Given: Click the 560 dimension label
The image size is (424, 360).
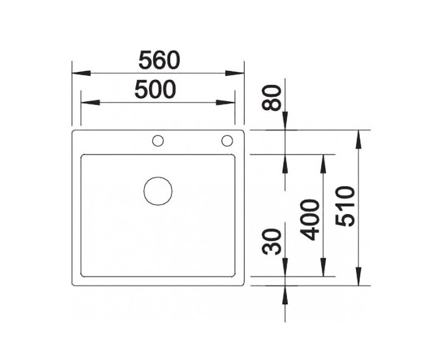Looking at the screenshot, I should (159, 60).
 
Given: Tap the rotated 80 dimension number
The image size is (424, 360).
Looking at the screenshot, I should (276, 98).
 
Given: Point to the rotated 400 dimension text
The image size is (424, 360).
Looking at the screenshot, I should (311, 219).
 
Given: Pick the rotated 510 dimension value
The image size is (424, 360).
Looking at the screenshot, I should (343, 207).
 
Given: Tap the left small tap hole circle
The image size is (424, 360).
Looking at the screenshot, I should (158, 141).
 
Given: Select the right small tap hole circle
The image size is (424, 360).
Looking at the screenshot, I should (228, 141).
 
